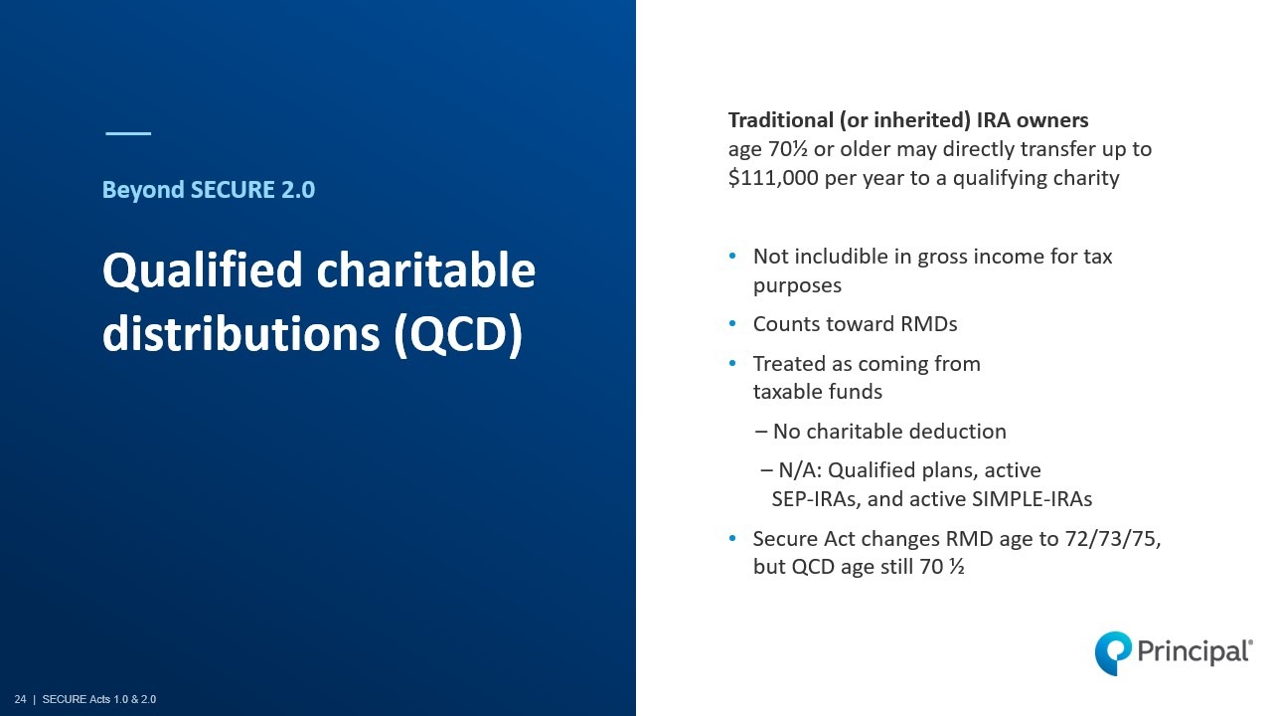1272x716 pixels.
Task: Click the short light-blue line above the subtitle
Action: click(x=128, y=133)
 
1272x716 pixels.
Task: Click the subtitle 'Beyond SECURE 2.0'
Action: click(x=209, y=190)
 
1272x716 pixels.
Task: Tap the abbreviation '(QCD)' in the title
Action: click(x=458, y=334)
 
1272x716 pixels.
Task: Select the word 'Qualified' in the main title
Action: click(x=202, y=270)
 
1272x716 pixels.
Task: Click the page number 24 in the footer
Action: click(x=21, y=699)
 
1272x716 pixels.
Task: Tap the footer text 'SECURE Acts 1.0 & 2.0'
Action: click(x=99, y=699)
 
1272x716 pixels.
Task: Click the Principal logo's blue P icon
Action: click(x=1113, y=653)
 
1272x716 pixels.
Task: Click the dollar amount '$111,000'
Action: click(x=773, y=178)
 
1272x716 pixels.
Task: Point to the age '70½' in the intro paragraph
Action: click(x=788, y=149)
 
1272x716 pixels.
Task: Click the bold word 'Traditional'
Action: click(x=781, y=120)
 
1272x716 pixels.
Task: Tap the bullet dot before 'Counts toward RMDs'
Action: click(x=732, y=324)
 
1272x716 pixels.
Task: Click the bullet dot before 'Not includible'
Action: click(x=732, y=257)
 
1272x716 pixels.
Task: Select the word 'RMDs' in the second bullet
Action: click(x=929, y=324)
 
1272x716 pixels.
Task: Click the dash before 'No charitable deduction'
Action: click(x=761, y=432)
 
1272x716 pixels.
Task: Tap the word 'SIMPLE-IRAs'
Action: click(x=1032, y=499)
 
